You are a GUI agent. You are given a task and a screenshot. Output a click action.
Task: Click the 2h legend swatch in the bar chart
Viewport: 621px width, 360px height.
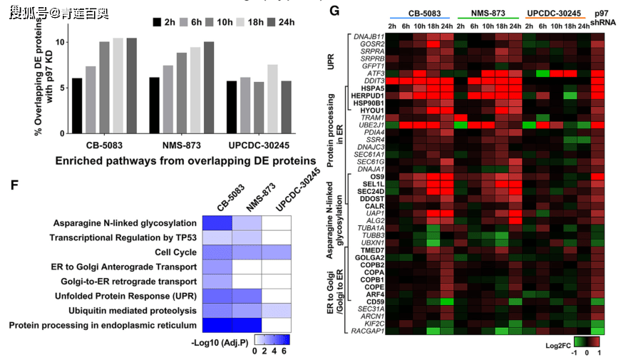pyautogui.click(x=157, y=22)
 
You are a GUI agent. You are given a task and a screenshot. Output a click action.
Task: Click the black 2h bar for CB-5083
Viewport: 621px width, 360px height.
pyautogui.click(x=77, y=106)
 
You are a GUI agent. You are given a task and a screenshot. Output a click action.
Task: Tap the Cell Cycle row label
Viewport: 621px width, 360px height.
pyautogui.click(x=175, y=252)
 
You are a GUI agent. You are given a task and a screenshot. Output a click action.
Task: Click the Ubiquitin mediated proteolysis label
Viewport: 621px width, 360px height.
pyautogui.click(x=133, y=310)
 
